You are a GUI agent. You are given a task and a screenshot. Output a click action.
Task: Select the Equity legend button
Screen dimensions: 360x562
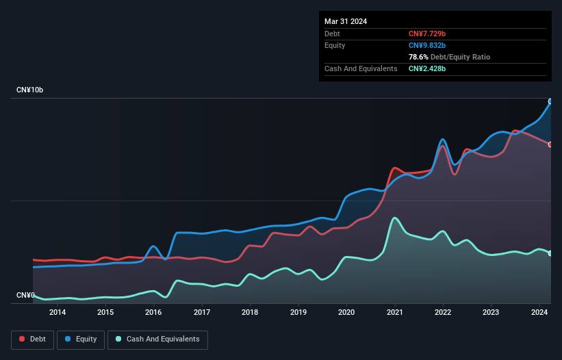(81, 339)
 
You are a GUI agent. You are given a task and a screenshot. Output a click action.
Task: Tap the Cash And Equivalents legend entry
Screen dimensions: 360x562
(157, 339)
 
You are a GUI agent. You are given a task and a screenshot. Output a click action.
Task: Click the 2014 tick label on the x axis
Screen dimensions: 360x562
(58, 313)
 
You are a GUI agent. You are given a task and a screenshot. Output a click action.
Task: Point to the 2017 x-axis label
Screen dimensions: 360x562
(202, 313)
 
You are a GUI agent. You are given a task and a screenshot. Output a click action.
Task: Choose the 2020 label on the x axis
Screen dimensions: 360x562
(346, 313)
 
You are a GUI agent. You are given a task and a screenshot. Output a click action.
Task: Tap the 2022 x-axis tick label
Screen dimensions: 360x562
(443, 313)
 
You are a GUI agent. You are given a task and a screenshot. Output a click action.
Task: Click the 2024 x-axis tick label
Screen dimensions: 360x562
(539, 313)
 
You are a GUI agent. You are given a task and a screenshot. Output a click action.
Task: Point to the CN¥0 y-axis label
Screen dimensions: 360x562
(25, 295)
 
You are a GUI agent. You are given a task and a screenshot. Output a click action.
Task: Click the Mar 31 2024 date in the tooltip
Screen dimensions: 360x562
(346, 21)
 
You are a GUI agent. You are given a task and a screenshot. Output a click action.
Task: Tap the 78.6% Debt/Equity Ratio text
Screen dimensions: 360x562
(449, 57)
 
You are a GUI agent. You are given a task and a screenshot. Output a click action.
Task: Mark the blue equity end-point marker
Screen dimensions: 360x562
(550, 101)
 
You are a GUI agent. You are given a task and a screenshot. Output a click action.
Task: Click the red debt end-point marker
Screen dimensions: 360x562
(550, 144)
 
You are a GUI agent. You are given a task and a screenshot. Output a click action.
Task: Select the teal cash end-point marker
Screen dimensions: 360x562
(550, 253)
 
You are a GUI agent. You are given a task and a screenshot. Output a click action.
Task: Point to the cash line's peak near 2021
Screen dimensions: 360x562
(395, 218)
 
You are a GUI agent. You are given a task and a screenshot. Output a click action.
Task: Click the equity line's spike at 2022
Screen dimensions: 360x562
(443, 140)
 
